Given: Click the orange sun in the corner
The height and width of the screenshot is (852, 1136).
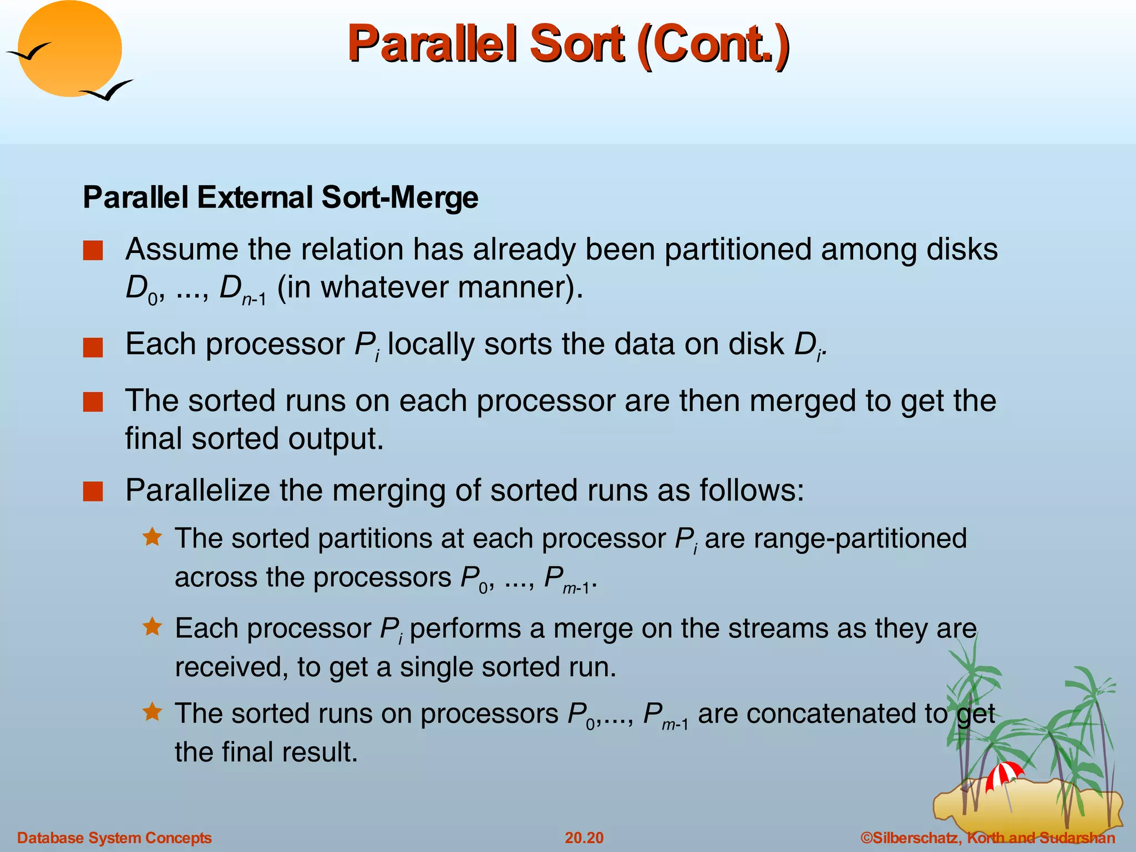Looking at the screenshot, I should coord(69,49).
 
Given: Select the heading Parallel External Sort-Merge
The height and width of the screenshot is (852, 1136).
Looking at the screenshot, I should coord(280,197).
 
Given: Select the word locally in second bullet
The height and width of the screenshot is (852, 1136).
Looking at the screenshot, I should coord(430,344).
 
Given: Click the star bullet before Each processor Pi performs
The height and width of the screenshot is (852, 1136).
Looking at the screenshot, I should coord(152,627).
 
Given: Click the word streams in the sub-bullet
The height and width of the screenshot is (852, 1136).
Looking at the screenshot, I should coord(779,629).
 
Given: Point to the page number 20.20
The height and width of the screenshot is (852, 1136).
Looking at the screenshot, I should coord(584,838).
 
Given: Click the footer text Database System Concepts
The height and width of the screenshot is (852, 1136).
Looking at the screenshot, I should coord(114,838).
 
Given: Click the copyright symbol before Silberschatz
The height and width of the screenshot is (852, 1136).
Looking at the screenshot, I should coord(866,838).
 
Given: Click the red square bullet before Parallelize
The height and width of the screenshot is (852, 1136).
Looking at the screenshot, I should coord(93,491).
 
